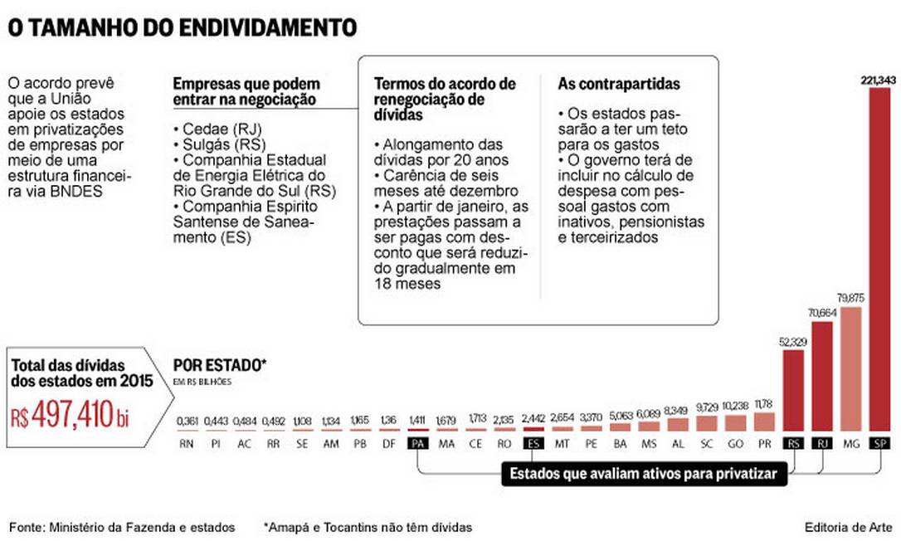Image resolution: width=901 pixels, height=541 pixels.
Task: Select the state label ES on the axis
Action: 533,444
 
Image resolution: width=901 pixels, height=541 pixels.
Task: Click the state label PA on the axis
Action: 418,444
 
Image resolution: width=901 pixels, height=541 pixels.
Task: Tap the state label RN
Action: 188,444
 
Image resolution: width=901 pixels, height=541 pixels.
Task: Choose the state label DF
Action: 389,444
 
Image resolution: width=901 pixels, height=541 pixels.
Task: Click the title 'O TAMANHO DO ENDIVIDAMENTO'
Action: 183,27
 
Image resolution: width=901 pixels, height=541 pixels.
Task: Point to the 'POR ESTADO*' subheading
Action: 219,364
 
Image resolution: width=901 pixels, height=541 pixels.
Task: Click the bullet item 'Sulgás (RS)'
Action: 215,144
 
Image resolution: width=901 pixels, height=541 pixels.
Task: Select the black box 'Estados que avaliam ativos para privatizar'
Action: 643,475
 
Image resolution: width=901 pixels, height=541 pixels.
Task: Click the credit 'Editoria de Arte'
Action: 847,527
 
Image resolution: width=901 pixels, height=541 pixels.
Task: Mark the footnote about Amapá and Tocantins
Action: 368,527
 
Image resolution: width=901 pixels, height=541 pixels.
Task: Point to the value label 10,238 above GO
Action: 735,406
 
